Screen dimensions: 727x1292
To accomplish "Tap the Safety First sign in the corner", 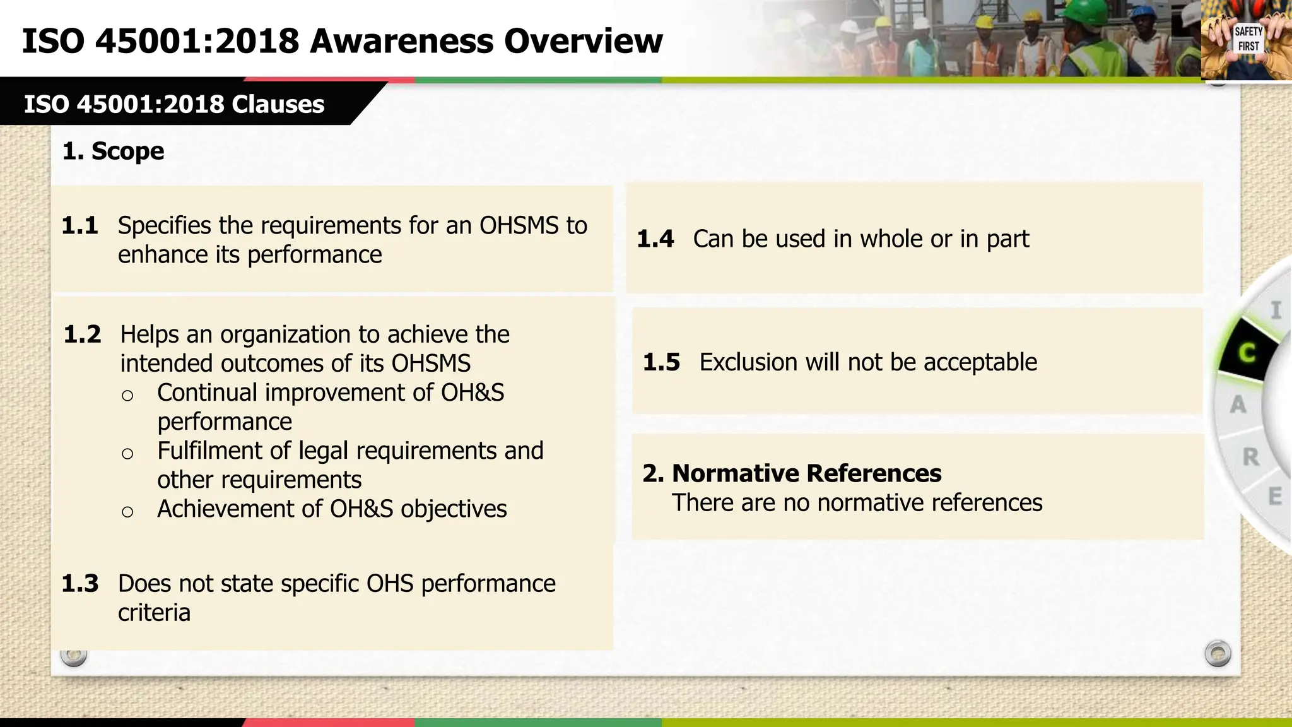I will coord(1248,39).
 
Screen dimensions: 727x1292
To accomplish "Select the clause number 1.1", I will coord(80,226).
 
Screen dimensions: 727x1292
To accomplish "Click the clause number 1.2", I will coord(83,334).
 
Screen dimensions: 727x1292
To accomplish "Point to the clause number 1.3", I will coord(80,584).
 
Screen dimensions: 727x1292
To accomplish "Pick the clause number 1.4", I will coord(655,239).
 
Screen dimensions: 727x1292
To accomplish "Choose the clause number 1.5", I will coord(662,362).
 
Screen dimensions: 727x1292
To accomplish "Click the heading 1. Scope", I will coord(114,151).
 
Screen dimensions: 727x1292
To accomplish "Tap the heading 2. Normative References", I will coord(792,473).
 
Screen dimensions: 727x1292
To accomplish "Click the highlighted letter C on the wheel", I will coord(1247,352).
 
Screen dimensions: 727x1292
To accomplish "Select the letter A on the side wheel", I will coord(1238,405).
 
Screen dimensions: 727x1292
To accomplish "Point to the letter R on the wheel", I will coord(1251,457).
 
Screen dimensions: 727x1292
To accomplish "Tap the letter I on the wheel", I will coord(1276,310).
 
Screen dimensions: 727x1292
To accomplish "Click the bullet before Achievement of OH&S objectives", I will coord(127,512).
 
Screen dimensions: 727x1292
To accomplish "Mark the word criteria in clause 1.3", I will coord(154,613).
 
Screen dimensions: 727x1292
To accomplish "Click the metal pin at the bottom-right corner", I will coord(1218,653).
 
